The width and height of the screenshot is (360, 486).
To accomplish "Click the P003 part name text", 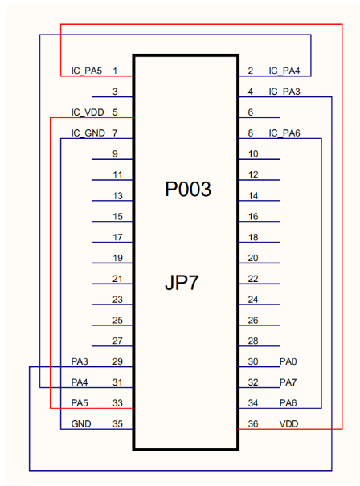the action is [x=188, y=189].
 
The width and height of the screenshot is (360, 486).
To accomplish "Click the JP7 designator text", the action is [x=182, y=283].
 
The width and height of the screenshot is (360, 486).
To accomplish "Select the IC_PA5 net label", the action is [x=87, y=71].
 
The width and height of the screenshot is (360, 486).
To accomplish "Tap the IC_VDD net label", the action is [x=88, y=112].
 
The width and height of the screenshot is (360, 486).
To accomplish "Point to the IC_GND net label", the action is [x=88, y=133].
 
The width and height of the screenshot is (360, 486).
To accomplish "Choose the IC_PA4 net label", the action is [x=284, y=71].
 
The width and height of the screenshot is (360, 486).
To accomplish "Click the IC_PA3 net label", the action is [x=284, y=92].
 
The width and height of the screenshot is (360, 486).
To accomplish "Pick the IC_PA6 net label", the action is [x=284, y=133].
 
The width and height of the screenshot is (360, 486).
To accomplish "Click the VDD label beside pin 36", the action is [x=288, y=423].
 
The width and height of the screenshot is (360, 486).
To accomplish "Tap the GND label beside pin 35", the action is [x=81, y=423].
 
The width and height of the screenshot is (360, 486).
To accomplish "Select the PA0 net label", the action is [x=288, y=361].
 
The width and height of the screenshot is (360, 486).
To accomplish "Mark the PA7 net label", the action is [x=288, y=382].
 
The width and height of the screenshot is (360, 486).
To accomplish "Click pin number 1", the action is [x=115, y=71].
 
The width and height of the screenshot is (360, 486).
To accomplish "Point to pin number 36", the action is [x=253, y=423].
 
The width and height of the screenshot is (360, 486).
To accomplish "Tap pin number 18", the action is [x=253, y=237].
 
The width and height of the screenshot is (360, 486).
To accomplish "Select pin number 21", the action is [x=117, y=279].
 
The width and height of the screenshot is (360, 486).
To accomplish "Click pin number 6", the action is [x=251, y=112].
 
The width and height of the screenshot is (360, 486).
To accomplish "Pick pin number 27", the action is [x=117, y=341].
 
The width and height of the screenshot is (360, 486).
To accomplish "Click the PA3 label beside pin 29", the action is [x=80, y=361].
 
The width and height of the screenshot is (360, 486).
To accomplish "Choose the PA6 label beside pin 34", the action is [x=288, y=403].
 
